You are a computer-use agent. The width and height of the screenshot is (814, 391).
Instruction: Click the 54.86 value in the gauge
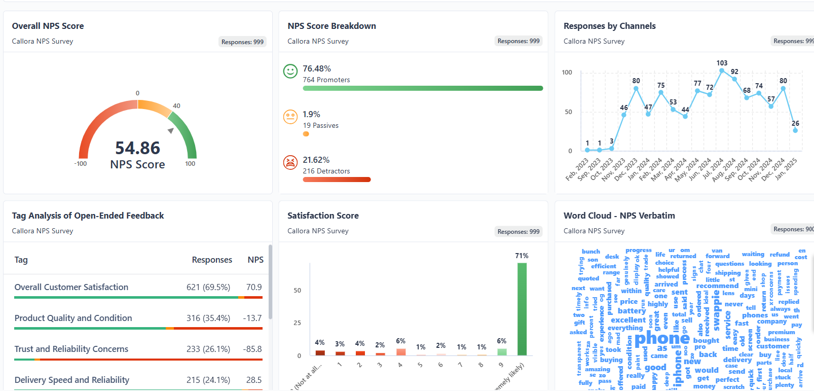(x=137, y=148)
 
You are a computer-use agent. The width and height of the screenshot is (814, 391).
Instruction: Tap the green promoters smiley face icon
(x=290, y=71)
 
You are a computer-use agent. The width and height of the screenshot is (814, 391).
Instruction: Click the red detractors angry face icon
(x=290, y=162)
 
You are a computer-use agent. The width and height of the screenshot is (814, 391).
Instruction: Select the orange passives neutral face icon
(x=290, y=117)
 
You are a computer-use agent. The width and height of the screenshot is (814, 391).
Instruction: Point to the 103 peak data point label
(x=722, y=63)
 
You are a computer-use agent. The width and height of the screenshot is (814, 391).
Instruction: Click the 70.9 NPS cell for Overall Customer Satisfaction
(x=254, y=287)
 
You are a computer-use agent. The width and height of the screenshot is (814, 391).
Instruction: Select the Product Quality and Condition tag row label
(x=73, y=318)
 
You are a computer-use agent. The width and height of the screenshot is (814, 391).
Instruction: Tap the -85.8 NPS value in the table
(x=252, y=349)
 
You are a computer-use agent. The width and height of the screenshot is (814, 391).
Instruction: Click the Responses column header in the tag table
(x=212, y=260)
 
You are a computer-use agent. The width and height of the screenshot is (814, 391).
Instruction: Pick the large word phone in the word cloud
(x=662, y=338)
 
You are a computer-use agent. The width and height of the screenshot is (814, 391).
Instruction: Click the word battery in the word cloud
(x=632, y=311)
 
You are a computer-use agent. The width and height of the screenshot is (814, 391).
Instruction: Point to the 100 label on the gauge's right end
(x=190, y=164)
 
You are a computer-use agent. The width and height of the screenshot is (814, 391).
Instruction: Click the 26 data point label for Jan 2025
(x=795, y=123)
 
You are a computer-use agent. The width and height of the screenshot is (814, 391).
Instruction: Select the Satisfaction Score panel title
(x=323, y=216)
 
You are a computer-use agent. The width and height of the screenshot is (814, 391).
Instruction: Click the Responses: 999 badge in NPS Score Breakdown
(x=518, y=41)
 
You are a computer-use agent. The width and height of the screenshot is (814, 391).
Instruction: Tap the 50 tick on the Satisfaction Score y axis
(x=297, y=291)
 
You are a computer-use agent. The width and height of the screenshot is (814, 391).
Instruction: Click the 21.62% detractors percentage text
(x=316, y=160)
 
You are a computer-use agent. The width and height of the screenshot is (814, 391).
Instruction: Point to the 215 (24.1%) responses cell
(x=208, y=380)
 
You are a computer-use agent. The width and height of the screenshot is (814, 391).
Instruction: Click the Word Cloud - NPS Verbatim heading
(x=619, y=216)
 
